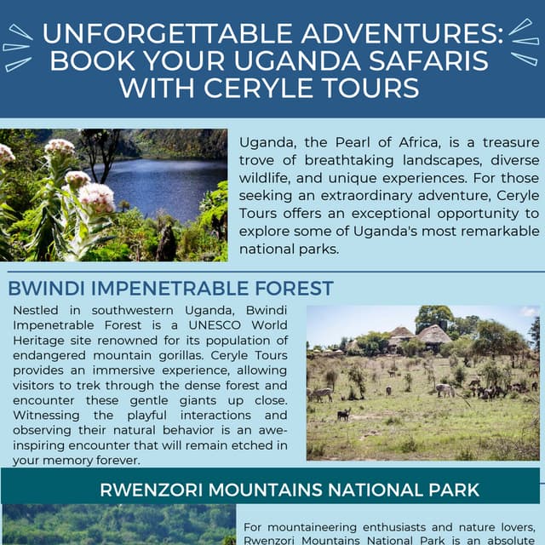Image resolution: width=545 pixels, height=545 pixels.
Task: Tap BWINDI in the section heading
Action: [43, 288]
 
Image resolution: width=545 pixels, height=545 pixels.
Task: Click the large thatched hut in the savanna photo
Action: [433, 334]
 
